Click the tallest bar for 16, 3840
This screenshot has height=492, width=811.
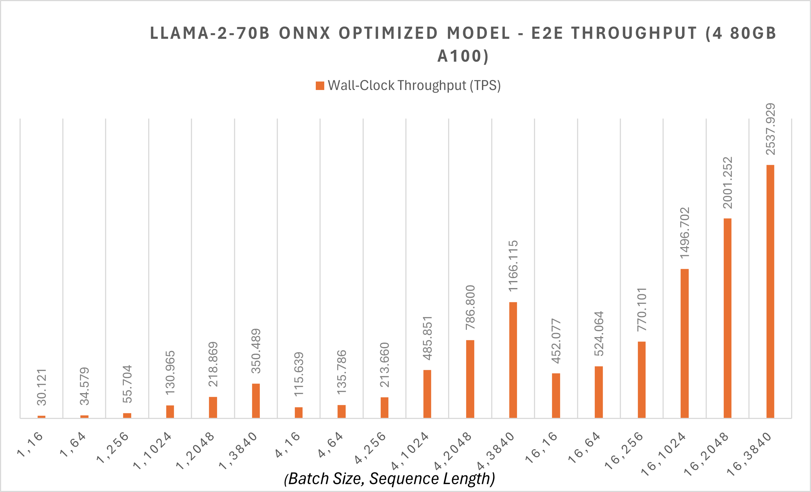click(x=770, y=291)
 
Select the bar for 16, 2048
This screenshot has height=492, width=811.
click(x=727, y=318)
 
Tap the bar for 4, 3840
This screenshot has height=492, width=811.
click(x=513, y=360)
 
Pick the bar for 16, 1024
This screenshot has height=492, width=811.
click(x=685, y=343)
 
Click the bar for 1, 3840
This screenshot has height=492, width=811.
click(x=256, y=401)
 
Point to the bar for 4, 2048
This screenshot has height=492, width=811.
click(x=470, y=379)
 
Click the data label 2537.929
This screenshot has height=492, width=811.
click(x=770, y=129)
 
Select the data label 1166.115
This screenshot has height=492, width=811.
click(x=513, y=266)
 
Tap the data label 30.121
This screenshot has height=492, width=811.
click(x=42, y=387)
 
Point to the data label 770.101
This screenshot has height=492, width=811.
click(x=642, y=309)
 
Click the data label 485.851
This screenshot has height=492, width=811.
click(x=427, y=338)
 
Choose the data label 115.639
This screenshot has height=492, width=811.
click(x=298, y=374)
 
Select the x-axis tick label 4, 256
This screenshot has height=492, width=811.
click(x=370, y=447)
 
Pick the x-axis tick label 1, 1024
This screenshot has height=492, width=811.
click(x=153, y=451)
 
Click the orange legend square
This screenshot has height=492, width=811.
click(x=320, y=86)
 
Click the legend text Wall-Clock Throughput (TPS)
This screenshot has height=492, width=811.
click(x=414, y=86)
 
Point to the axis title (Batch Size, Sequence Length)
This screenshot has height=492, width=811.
click(x=389, y=479)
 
